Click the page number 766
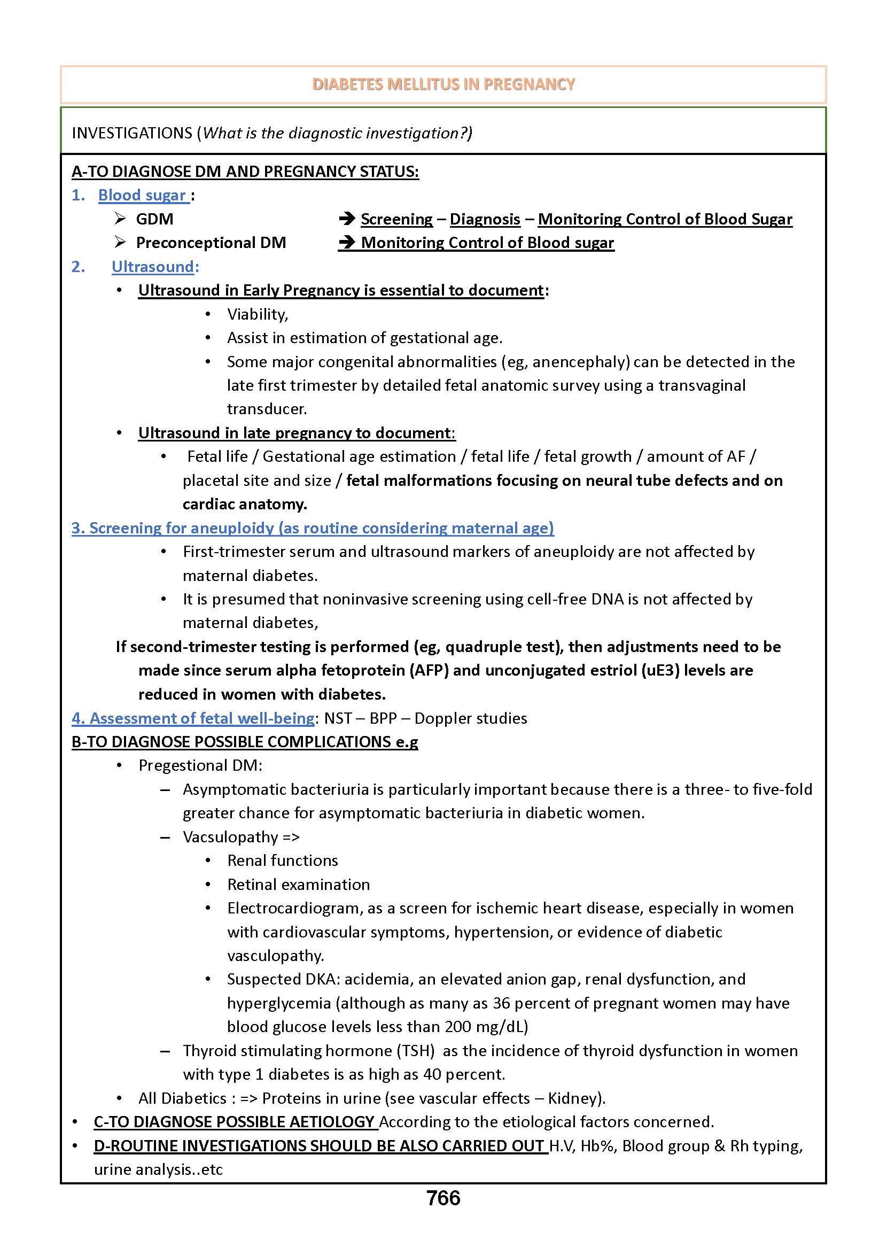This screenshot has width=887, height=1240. [x=443, y=1198]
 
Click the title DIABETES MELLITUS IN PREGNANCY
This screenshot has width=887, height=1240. [x=443, y=84]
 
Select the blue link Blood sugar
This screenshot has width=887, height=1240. [x=142, y=195]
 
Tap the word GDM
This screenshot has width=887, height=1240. [x=154, y=219]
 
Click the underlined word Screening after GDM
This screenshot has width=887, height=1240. [x=396, y=219]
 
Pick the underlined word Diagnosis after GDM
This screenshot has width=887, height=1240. [x=485, y=219]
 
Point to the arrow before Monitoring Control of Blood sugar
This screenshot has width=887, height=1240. [x=347, y=243]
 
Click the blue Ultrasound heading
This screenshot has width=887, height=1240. [x=153, y=267]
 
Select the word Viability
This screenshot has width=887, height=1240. [x=257, y=314]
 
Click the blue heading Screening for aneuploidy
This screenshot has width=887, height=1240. [x=313, y=528]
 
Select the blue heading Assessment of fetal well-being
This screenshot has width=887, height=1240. [x=193, y=718]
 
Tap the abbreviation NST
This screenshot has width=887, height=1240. [x=338, y=718]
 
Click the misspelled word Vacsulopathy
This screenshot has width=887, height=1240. [x=230, y=837]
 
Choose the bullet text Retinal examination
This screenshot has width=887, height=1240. [x=298, y=885]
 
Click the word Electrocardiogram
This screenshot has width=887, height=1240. [x=294, y=908]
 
